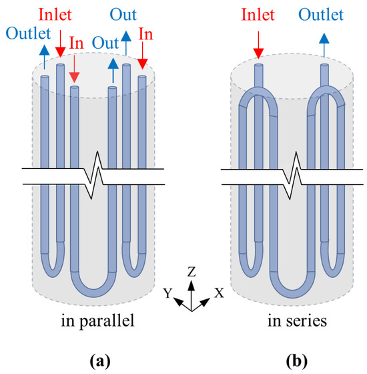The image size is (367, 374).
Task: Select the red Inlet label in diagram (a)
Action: [x=61, y=13]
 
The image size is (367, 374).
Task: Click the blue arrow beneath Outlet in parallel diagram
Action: [x=45, y=56]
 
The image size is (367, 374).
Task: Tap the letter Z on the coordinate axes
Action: [x=191, y=272]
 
